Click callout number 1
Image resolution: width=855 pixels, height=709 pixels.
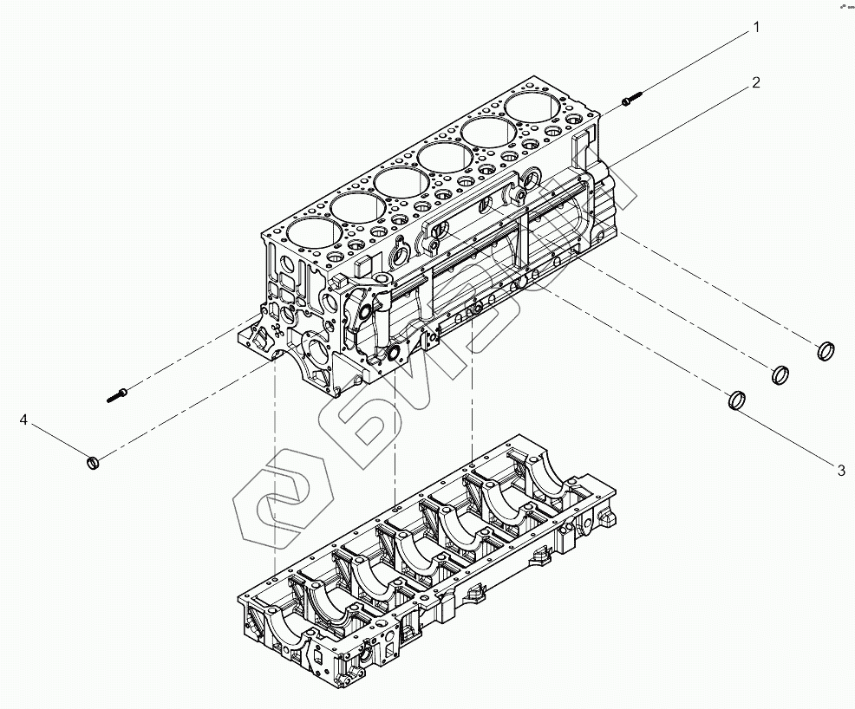[756, 28]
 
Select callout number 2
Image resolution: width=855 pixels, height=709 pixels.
[756, 82]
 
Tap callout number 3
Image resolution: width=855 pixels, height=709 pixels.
[840, 471]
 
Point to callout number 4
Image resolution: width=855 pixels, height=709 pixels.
[24, 420]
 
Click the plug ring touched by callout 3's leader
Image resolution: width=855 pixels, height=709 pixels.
[736, 400]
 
